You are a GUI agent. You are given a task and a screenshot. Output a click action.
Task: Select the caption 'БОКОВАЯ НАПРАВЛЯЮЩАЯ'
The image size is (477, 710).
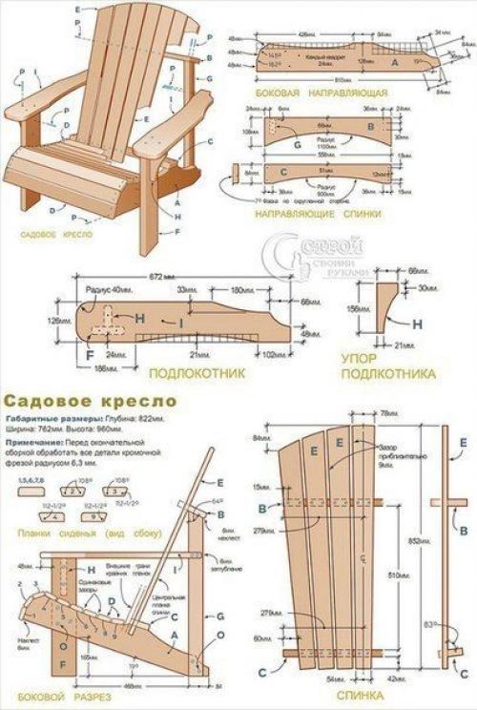(320, 94)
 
